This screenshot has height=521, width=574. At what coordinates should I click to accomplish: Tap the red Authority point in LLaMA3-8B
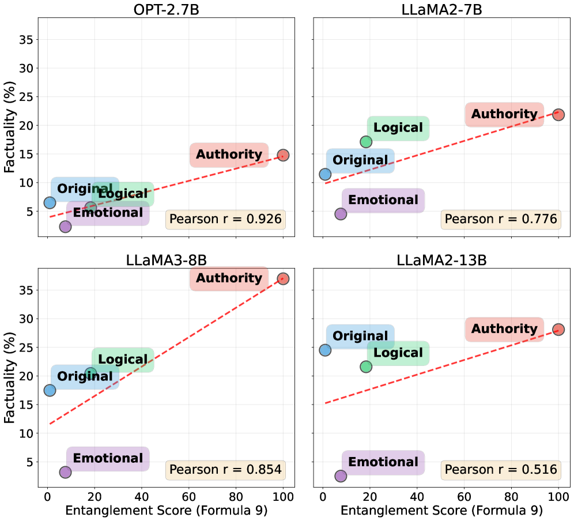coord(283,278)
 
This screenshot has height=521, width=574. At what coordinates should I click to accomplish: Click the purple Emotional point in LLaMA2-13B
coord(341,476)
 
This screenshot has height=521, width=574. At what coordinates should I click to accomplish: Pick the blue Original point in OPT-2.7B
coord(50,202)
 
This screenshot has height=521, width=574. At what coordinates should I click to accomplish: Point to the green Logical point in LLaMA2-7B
coord(366,142)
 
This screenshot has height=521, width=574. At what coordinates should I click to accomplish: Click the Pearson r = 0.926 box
coord(226,219)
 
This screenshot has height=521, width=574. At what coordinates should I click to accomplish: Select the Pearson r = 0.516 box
coord(501,470)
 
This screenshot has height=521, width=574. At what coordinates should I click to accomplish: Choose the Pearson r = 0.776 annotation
coord(501,219)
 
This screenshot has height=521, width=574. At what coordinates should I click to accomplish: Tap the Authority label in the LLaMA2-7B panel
coord(504,114)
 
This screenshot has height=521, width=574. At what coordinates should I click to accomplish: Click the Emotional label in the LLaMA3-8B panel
coord(108,459)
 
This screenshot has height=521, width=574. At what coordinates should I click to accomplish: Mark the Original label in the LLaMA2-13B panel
coord(360,336)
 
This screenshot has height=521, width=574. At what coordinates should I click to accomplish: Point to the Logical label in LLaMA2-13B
coord(398,353)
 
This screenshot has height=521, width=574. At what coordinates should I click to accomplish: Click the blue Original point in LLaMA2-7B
coord(325,174)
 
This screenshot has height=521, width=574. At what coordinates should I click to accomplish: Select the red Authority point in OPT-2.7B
coord(283,155)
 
